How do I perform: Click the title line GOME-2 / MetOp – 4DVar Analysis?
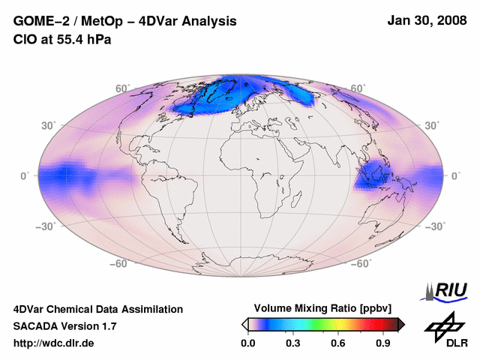click(125, 22)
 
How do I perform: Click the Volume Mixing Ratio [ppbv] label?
click(319, 308)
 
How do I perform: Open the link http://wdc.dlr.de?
click(54, 343)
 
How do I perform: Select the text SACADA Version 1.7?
click(64, 326)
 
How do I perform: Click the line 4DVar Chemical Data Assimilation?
click(97, 309)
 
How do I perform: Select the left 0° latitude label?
click(24, 175)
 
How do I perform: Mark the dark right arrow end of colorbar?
click(401, 324)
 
